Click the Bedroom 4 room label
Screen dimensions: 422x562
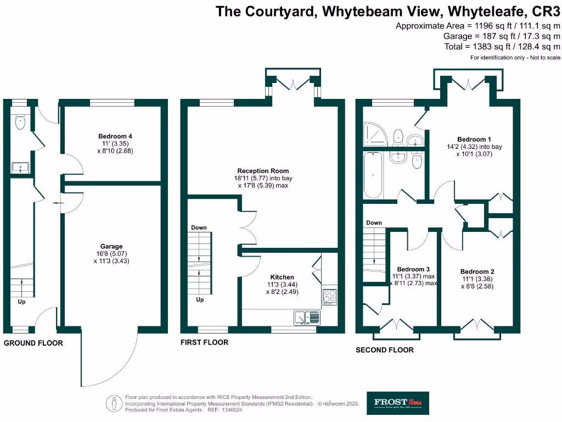115,136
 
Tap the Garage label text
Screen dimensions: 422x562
111,246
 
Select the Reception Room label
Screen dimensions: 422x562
263,171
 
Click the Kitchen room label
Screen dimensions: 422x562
282,277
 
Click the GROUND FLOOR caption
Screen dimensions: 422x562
33,343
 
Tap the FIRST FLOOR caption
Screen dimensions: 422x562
204,342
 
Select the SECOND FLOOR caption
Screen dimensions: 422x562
385,349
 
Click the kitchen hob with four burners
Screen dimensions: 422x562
329,297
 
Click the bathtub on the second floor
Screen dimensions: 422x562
373,175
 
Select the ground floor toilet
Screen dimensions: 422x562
20,122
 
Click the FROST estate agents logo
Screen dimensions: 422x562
398,403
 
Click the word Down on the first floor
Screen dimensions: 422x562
198,227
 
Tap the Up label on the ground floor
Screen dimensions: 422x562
21,301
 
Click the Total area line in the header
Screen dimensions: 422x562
502,47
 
